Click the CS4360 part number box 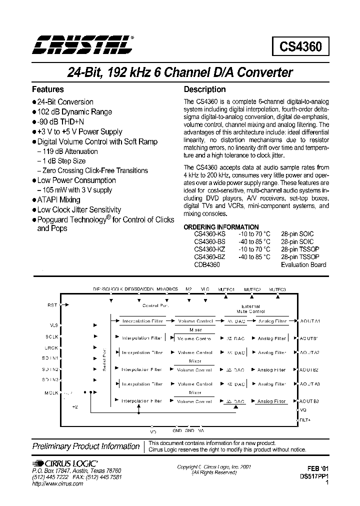coord(300,47)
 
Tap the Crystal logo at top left coord(83,44)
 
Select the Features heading coord(48,89)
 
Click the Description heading coord(205,89)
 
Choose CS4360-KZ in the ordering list coord(210,249)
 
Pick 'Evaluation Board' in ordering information coord(304,264)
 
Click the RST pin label coord(53,304)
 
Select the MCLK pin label coord(52,393)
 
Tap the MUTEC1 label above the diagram coord(226,289)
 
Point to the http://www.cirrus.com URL coord(57,484)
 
